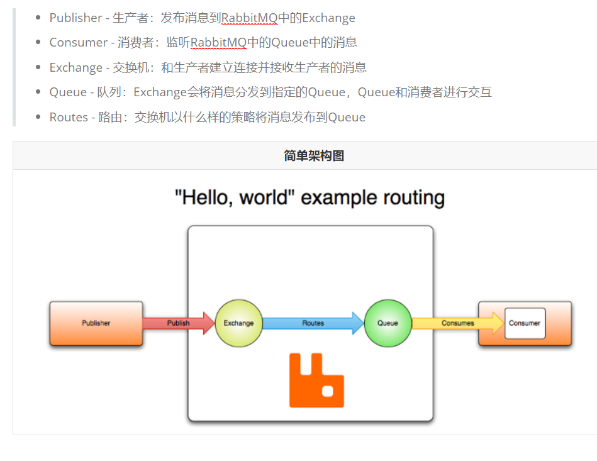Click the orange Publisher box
click(x=96, y=323)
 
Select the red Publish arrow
click(x=178, y=323)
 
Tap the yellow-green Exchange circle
click(x=238, y=323)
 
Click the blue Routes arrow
click(x=313, y=323)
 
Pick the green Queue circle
click(x=388, y=323)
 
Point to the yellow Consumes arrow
click(x=457, y=323)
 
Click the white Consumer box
click(x=525, y=323)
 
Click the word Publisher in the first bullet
click(x=75, y=18)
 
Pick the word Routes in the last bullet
click(x=69, y=117)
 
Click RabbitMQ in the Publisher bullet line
click(x=249, y=18)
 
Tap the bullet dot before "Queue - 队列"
click(x=39, y=92)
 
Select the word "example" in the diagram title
click(x=333, y=198)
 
